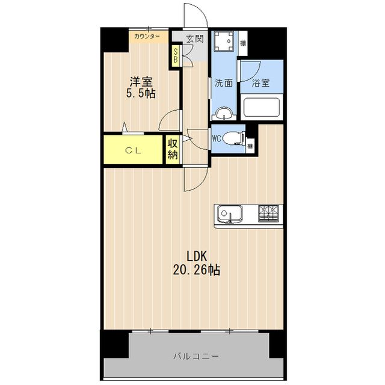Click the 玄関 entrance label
pyautogui.click(x=195, y=38)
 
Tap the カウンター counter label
pyautogui.click(x=147, y=37)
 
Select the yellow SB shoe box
pyautogui.click(x=176, y=55)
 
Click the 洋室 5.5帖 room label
pyautogui.click(x=141, y=87)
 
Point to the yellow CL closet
pyautogui.click(x=133, y=150)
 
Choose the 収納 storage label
pyautogui.click(x=173, y=149)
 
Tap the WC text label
pyautogui.click(x=217, y=139)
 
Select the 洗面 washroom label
pyautogui.click(x=224, y=83)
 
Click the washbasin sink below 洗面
pyautogui.click(x=224, y=114)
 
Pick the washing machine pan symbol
pyautogui.click(x=223, y=42)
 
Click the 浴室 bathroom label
pyautogui.click(x=260, y=83)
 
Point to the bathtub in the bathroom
pyautogui.click(x=262, y=108)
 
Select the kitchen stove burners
pyautogui.click(x=268, y=214)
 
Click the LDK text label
pyautogui.click(x=197, y=256)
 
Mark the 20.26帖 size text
pyautogui.click(x=197, y=270)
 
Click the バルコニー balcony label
pyautogui.click(x=196, y=356)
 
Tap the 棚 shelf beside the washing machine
pyautogui.click(x=243, y=43)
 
